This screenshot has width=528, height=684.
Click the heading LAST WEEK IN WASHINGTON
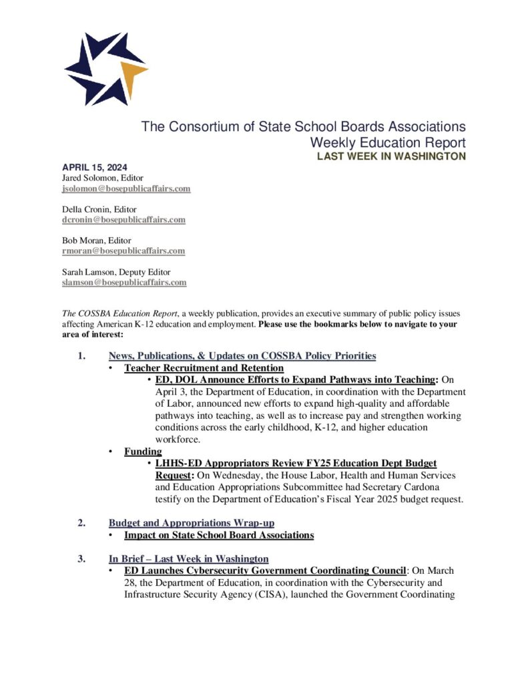tap(391, 156)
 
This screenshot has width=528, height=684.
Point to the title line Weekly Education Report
tap(388, 142)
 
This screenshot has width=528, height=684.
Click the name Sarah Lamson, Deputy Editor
tap(111, 272)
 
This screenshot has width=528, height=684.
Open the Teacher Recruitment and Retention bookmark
tap(204, 368)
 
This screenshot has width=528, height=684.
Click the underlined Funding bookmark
tap(138, 452)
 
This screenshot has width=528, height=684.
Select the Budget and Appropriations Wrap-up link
tap(192, 523)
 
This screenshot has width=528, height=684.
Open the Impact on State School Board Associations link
tap(219, 535)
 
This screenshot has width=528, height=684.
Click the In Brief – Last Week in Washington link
tap(189, 558)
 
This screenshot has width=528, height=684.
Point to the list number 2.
tap(81, 523)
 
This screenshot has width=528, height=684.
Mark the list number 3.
tap(81, 558)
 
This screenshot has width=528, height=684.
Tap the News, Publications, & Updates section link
tap(242, 356)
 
